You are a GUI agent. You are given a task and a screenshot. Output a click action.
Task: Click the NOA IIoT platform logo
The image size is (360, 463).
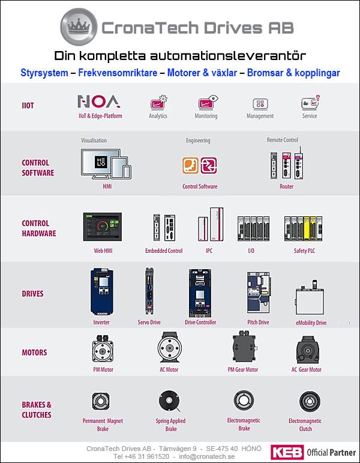click(x=100, y=101)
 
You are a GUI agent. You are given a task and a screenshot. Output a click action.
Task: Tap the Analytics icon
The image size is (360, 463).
click(x=158, y=103)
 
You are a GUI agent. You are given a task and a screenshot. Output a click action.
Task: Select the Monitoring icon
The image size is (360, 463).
click(x=206, y=103)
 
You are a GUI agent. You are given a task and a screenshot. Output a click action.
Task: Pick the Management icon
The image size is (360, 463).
click(x=260, y=104)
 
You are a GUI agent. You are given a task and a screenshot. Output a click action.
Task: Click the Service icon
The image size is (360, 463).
click(x=310, y=103)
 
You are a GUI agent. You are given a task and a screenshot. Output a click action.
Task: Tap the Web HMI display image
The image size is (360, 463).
click(x=102, y=227)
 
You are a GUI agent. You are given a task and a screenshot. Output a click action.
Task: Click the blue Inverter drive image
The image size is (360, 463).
click(x=101, y=292)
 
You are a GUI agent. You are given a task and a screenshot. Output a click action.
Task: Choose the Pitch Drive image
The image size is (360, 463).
click(x=258, y=292)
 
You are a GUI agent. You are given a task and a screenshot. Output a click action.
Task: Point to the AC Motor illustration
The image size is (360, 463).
click(x=169, y=348)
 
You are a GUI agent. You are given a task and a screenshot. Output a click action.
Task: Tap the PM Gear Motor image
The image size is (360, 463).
click(x=243, y=346)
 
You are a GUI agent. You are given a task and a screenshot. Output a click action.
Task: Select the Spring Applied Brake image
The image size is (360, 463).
click(x=170, y=401)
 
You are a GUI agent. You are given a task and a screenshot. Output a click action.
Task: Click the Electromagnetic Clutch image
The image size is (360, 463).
click(x=305, y=401)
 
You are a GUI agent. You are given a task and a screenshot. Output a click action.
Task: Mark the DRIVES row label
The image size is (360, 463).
click(x=33, y=294)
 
